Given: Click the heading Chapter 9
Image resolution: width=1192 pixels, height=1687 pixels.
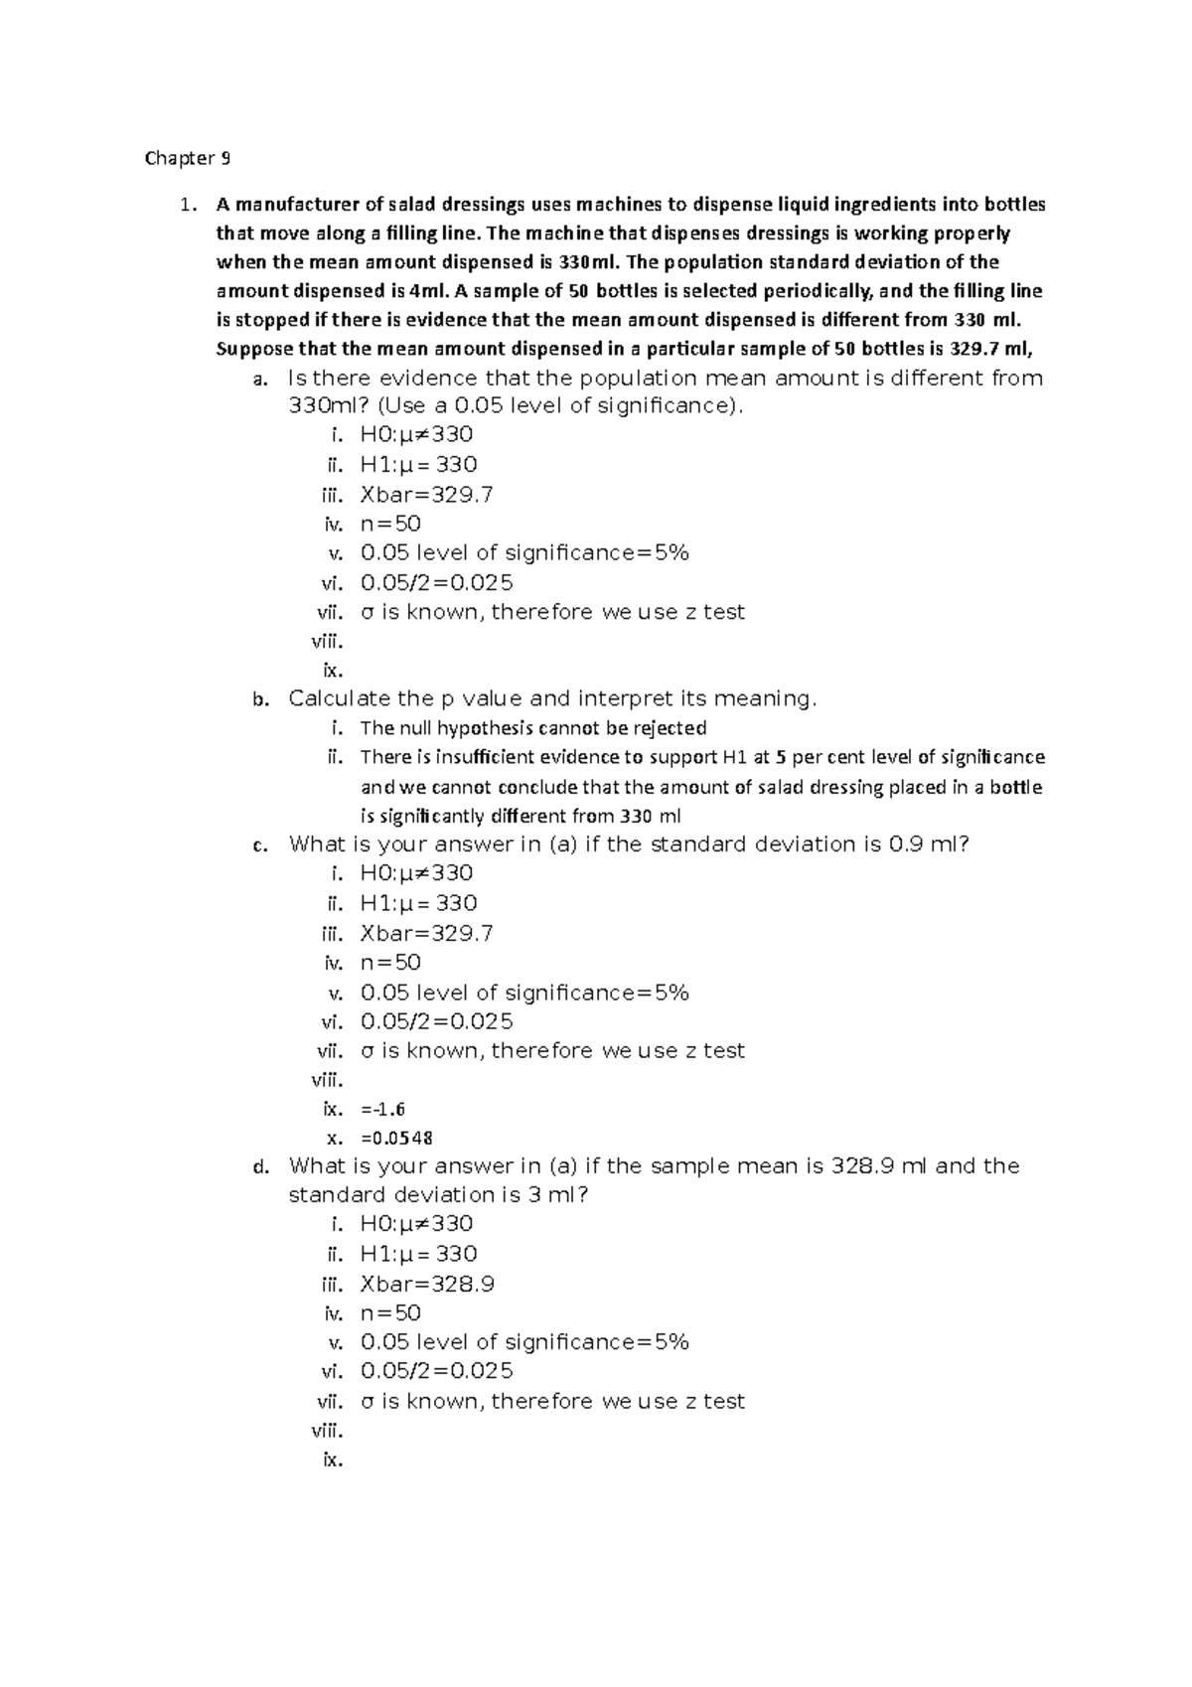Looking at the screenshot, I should (188, 158).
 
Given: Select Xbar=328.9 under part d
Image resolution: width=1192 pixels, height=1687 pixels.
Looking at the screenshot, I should (426, 1284).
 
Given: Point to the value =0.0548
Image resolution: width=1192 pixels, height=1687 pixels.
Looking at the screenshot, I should (396, 1138).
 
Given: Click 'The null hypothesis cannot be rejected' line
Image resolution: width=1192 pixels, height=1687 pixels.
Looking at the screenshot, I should (532, 728).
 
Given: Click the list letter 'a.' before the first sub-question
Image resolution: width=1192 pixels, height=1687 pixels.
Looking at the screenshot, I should (260, 380).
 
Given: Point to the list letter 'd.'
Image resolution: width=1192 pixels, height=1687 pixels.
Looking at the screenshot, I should (260, 1167).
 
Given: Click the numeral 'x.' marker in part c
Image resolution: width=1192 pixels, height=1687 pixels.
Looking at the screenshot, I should (335, 1139).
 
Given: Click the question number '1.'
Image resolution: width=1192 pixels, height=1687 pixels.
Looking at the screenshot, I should (187, 206).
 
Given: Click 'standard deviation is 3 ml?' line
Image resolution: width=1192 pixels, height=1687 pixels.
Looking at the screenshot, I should (438, 1194).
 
